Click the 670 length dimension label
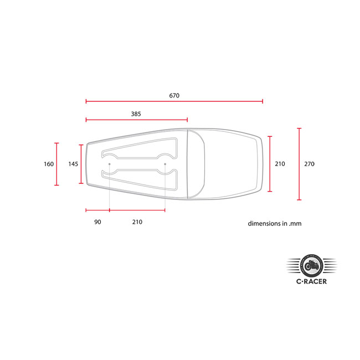(x=174, y=95)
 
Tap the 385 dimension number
(x=136, y=114)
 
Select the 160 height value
(x=49, y=164)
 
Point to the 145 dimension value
(x=73, y=164)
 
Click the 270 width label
(x=309, y=164)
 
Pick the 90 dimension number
(x=97, y=222)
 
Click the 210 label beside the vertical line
(x=280, y=164)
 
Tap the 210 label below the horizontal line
(x=137, y=222)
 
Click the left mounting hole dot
(x=110, y=164)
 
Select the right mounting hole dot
(x=165, y=164)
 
